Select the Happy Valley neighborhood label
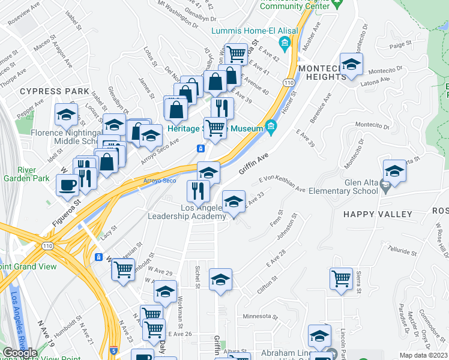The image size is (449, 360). tap(378, 214)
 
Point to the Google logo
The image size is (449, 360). tap(20, 352)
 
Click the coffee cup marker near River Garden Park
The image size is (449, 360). tap(67, 184)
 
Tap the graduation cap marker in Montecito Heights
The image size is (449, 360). tap(351, 64)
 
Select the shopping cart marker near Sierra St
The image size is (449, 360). tap(341, 278)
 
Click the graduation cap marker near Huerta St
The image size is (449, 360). tap(394, 170)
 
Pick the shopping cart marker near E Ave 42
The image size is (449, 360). tap(237, 54)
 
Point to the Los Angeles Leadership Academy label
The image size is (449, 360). tap(187, 212)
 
